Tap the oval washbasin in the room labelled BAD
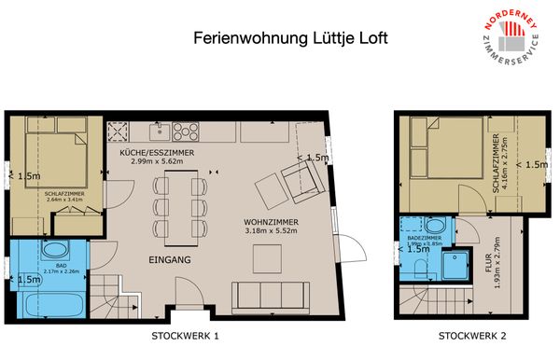55,250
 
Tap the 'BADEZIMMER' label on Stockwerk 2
424,238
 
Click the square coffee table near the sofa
272,190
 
